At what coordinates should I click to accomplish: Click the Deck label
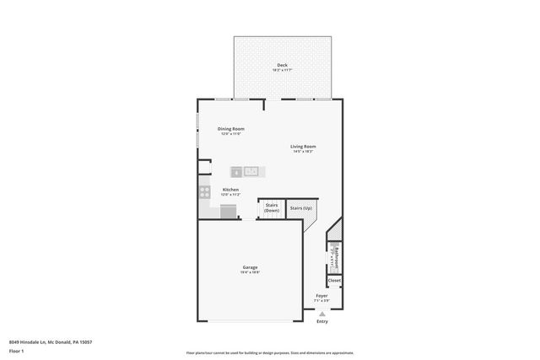[281, 65]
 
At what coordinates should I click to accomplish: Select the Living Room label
[303, 147]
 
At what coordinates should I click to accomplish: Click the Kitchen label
[230, 190]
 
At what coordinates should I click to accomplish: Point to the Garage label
[250, 267]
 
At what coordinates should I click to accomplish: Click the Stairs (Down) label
[272, 207]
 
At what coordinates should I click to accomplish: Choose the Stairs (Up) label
[300, 207]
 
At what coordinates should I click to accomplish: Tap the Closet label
[334, 280]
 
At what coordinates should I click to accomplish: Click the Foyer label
[322, 296]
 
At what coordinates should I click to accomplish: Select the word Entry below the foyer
[322, 321]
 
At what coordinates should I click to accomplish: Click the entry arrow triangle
[322, 313]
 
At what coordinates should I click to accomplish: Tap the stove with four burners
[204, 192]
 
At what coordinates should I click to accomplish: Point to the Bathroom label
[335, 253]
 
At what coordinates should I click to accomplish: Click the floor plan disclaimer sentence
[269, 352]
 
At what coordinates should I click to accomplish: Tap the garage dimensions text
[250, 272]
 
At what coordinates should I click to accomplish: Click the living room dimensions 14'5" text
[303, 152]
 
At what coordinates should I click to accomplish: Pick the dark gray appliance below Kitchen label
[229, 212]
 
